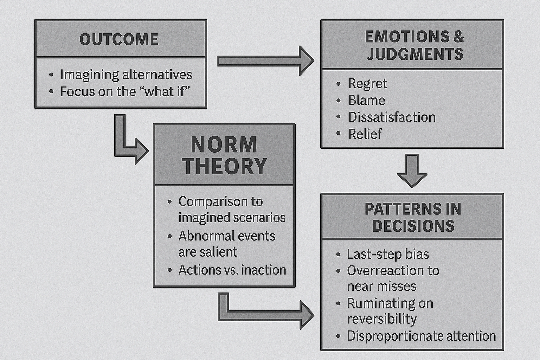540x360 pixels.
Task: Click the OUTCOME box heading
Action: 119,39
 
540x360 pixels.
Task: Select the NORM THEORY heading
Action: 224,155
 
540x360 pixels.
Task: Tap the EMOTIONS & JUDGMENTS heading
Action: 414,45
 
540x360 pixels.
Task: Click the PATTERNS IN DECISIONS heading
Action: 413,217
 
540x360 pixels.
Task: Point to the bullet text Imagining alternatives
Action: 126,75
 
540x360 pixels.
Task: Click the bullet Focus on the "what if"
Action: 125,91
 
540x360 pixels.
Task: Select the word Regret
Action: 367,83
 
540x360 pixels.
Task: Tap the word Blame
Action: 366,100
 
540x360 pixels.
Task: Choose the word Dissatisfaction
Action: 392,117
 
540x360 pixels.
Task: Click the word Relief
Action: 365,134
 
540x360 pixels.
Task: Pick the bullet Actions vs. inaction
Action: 232,270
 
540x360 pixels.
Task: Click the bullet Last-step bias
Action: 388,254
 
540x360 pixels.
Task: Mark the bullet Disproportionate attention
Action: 421,336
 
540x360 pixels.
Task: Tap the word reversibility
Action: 382,319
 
